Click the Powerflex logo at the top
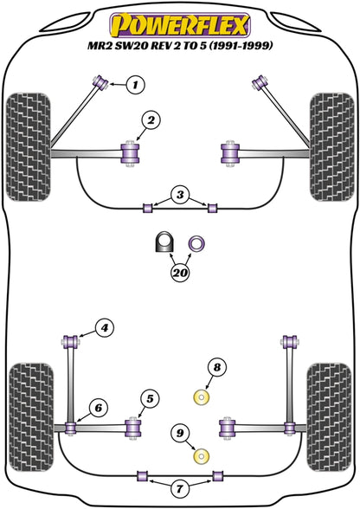click(180, 21)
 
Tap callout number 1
click(136, 84)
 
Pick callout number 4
click(104, 327)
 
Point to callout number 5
click(150, 399)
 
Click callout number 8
click(216, 368)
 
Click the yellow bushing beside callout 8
click(204, 398)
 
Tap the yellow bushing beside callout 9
click(204, 455)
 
